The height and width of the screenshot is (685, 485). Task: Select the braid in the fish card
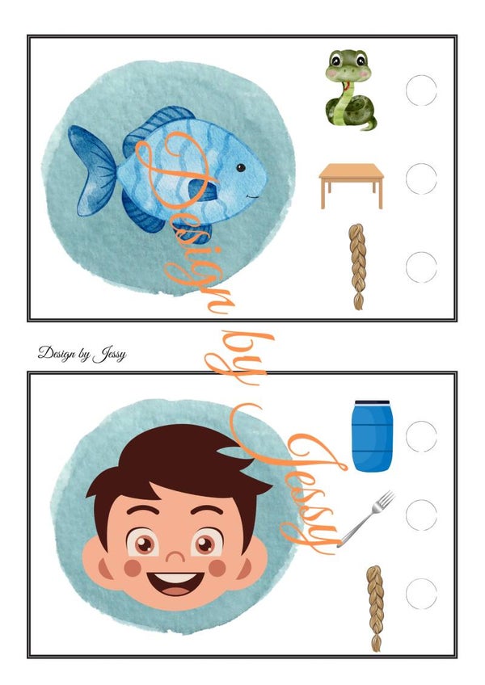tap(357, 267)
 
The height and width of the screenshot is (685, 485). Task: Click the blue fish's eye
tap(241, 167)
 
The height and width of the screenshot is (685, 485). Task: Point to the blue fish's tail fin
tap(92, 170)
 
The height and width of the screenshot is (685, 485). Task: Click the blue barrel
tap(372, 436)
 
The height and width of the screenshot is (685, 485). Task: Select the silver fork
tap(366, 519)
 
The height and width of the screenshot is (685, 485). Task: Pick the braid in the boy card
tap(375, 608)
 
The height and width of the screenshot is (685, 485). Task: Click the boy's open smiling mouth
tap(175, 583)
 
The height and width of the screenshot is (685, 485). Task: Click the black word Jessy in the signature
tap(110, 354)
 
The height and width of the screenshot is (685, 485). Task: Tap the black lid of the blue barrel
tap(372, 402)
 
